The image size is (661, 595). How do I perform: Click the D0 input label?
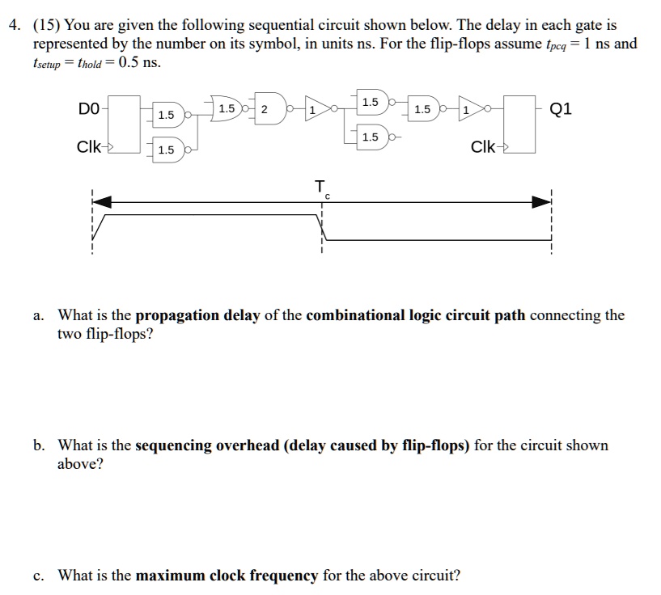88,108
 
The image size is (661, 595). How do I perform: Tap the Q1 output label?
560,108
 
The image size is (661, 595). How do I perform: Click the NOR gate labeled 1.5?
228,109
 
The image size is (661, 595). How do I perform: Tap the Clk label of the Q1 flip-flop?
485,147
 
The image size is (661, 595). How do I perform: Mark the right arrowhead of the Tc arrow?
541,201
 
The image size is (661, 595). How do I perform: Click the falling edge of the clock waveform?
322,226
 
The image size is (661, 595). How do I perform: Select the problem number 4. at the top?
15,25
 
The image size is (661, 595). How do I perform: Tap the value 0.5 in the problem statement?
129,62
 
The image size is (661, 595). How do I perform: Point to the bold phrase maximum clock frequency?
227,576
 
